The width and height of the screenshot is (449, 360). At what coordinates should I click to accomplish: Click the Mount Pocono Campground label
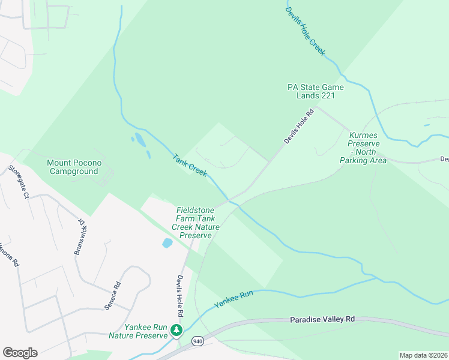tap(74, 167)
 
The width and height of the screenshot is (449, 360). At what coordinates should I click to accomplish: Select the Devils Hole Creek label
tap(304, 28)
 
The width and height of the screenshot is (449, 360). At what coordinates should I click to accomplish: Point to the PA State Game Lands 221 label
tap(315, 91)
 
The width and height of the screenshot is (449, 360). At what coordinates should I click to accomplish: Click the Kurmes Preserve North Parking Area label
tap(364, 148)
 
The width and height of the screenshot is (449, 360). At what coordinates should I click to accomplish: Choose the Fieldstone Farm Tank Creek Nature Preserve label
tap(196, 223)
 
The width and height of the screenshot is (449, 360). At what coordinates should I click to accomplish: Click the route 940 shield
tap(197, 341)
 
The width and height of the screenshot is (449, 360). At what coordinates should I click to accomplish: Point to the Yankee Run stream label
tap(234, 299)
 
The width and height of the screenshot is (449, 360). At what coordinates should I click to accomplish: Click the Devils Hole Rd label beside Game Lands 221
tap(299, 125)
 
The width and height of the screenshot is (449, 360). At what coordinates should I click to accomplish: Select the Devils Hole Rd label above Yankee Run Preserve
tap(179, 296)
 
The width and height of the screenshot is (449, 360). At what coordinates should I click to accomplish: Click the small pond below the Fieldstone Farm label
tap(167, 244)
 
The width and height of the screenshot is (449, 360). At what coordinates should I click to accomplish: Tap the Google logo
tap(20, 353)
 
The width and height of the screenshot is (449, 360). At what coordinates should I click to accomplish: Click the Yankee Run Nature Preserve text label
tap(138, 331)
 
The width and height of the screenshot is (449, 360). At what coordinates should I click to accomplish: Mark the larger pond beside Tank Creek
tap(140, 140)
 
